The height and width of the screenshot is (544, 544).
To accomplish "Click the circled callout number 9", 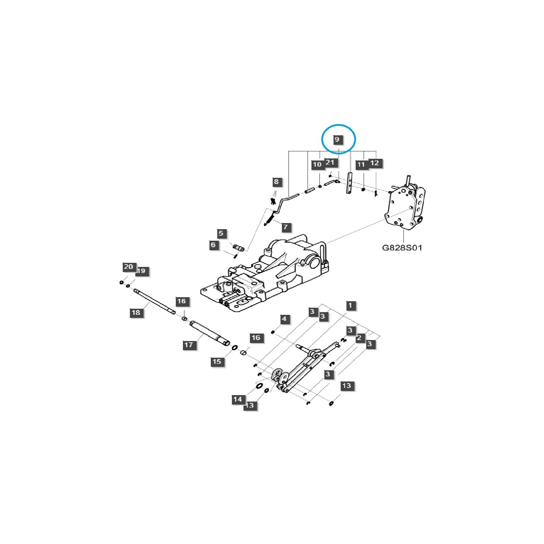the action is tap(337, 139).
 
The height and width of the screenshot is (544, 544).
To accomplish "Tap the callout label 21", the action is tap(330, 163).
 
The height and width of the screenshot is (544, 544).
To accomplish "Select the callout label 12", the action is tap(374, 163).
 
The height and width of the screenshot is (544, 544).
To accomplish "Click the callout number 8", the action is tap(276, 182).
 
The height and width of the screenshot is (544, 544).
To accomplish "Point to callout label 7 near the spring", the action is tap(286, 227).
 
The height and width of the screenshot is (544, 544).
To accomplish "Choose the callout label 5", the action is tap(221, 234).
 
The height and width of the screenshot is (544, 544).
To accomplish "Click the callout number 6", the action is tap(213, 245).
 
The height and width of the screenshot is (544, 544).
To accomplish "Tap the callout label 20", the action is tap(129, 267).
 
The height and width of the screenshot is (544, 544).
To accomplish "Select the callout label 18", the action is tap(136, 312).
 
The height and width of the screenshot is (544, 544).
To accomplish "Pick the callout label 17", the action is tap(189, 345).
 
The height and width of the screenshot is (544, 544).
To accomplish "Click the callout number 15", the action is tap(217, 362).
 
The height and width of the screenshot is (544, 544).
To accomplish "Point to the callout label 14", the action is tap(238, 400).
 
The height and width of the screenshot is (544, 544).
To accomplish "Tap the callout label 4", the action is tap(284, 319).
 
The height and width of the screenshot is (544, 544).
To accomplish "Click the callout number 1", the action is tap(351, 306).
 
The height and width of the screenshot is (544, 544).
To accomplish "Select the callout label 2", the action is tap(359, 338).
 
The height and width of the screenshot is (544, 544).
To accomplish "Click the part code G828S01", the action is tap(402, 248).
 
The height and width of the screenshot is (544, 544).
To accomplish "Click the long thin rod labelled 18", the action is tap(155, 301).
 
